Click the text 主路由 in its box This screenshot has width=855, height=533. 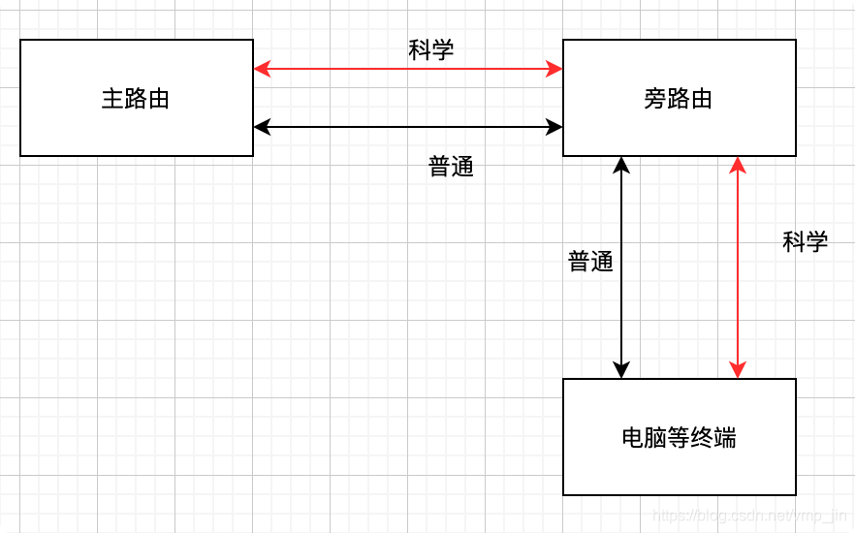[x=136, y=99]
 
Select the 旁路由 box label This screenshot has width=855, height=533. [x=679, y=99]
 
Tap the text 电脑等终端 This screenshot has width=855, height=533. [x=679, y=438]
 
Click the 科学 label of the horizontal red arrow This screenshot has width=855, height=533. [x=431, y=50]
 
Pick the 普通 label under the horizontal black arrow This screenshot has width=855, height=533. [x=451, y=167]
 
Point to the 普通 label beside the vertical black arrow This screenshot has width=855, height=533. [x=590, y=262]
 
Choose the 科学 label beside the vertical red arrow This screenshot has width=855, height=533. [x=806, y=242]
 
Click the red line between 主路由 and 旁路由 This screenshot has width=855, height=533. [x=407, y=69]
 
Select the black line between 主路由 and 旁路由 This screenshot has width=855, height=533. [x=407, y=127]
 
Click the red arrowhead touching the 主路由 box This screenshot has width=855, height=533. [x=262, y=69]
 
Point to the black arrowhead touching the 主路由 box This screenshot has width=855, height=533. [x=262, y=127]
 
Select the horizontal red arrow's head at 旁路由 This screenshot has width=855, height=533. [x=554, y=69]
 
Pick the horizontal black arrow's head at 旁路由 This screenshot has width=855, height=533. [x=554, y=127]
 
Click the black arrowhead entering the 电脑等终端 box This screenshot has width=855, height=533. [x=621, y=369]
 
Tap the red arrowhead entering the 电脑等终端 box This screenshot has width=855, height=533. [x=738, y=369]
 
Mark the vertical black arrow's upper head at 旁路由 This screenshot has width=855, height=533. [x=621, y=165]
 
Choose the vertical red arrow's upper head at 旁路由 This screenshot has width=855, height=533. [x=738, y=165]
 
